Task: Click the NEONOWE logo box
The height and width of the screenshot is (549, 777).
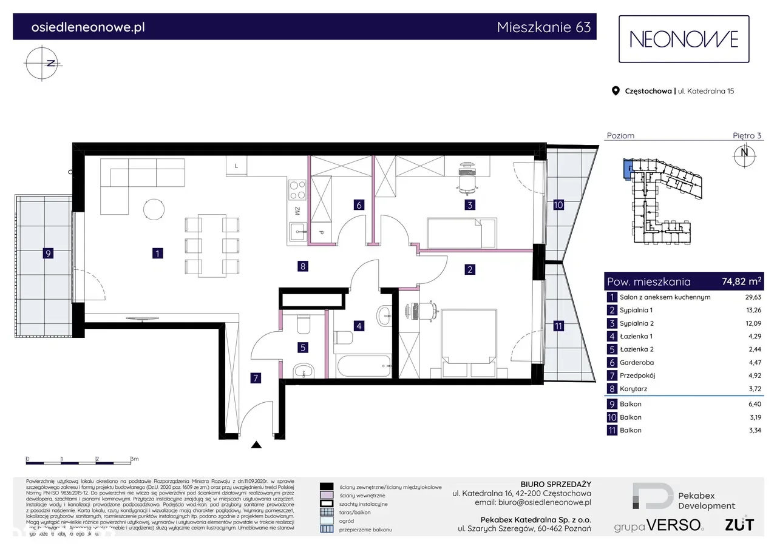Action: [684, 39]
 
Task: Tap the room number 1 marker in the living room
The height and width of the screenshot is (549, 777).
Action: [157, 254]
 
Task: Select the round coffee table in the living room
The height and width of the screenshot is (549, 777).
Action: [153, 211]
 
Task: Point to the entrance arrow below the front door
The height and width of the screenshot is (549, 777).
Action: [257, 445]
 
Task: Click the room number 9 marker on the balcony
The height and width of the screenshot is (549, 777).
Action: [48, 254]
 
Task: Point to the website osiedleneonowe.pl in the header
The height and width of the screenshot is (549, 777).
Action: [87, 27]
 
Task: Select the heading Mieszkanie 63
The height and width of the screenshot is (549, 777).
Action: [543, 27]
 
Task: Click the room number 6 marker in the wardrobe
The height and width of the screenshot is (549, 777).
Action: [359, 205]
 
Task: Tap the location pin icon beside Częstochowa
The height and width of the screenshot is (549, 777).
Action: [616, 91]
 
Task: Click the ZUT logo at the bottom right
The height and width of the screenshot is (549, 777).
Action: [739, 524]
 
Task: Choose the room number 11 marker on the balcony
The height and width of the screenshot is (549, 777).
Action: [558, 326]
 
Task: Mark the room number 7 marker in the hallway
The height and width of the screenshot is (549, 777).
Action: [256, 379]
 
